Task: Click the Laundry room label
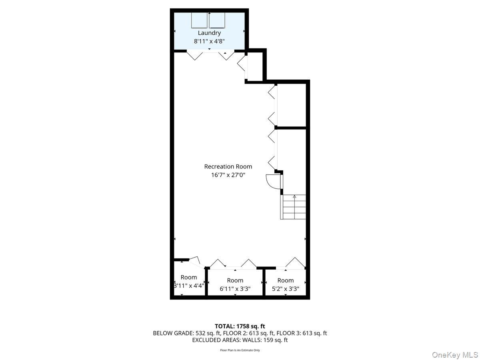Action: [209, 33]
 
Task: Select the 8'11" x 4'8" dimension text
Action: [209, 41]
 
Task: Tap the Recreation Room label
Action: [228, 166]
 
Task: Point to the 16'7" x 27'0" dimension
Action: [228, 174]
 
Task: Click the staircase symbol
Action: [294, 207]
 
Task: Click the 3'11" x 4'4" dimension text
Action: [189, 286]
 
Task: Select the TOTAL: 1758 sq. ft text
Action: [240, 326]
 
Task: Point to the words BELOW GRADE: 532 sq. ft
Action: [182, 333]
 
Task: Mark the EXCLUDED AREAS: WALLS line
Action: [240, 340]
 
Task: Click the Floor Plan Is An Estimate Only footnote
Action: [240, 350]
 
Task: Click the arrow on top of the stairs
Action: [294, 196]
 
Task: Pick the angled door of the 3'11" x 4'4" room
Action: [195, 261]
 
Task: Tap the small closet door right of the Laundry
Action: [242, 64]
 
